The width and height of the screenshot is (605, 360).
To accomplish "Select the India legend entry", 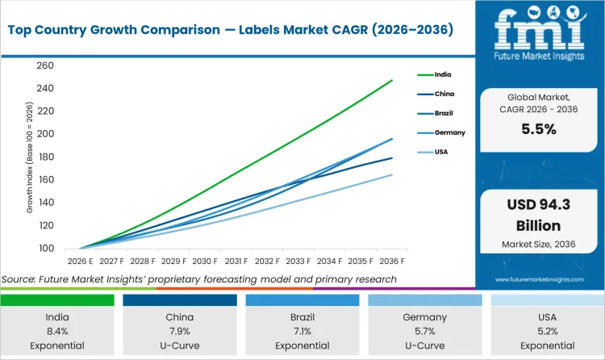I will point(443,74).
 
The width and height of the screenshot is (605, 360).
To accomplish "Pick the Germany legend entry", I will point(449,132).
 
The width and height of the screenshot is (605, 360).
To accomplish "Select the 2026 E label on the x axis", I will point(79,262).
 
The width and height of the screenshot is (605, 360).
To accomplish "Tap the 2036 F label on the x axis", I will point(392,262).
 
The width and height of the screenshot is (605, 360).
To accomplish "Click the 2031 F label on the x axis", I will point(236,262).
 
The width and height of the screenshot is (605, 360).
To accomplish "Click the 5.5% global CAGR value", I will point(539,129).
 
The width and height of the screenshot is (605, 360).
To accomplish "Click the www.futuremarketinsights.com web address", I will point(539,279).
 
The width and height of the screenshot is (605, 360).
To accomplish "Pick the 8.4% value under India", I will point(56,331).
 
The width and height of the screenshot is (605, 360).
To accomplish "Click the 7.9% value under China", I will point(179,331).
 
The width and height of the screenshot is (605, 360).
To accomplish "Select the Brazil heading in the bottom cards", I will point(302,317).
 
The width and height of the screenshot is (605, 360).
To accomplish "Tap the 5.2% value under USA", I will point(547,331).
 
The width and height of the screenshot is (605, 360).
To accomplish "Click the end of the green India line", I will point(392,80).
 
